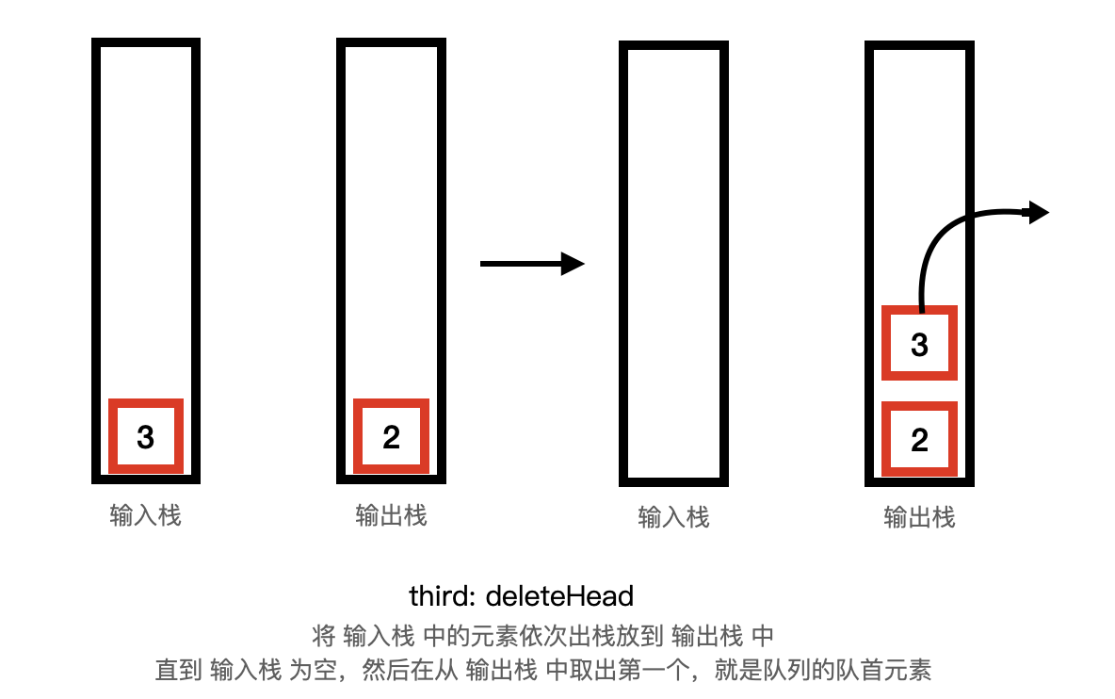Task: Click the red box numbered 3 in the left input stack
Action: click(x=146, y=436)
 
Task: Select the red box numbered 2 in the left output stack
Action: click(x=391, y=436)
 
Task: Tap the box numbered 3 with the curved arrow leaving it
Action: click(x=919, y=343)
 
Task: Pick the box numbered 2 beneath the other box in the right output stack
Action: click(x=919, y=439)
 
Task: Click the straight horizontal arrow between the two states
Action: click(x=532, y=264)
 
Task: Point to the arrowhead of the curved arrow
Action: click(x=1039, y=212)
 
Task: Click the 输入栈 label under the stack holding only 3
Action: click(x=146, y=515)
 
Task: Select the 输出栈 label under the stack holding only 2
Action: click(x=391, y=515)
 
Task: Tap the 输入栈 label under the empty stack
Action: click(x=673, y=518)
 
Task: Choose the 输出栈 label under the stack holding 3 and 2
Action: click(x=919, y=518)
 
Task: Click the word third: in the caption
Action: click(x=443, y=596)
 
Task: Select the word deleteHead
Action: click(x=559, y=596)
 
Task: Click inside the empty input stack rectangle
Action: click(x=673, y=263)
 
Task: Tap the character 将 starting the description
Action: click(x=324, y=636)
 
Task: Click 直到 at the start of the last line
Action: click(x=179, y=670)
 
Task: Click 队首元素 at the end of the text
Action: click(x=883, y=670)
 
